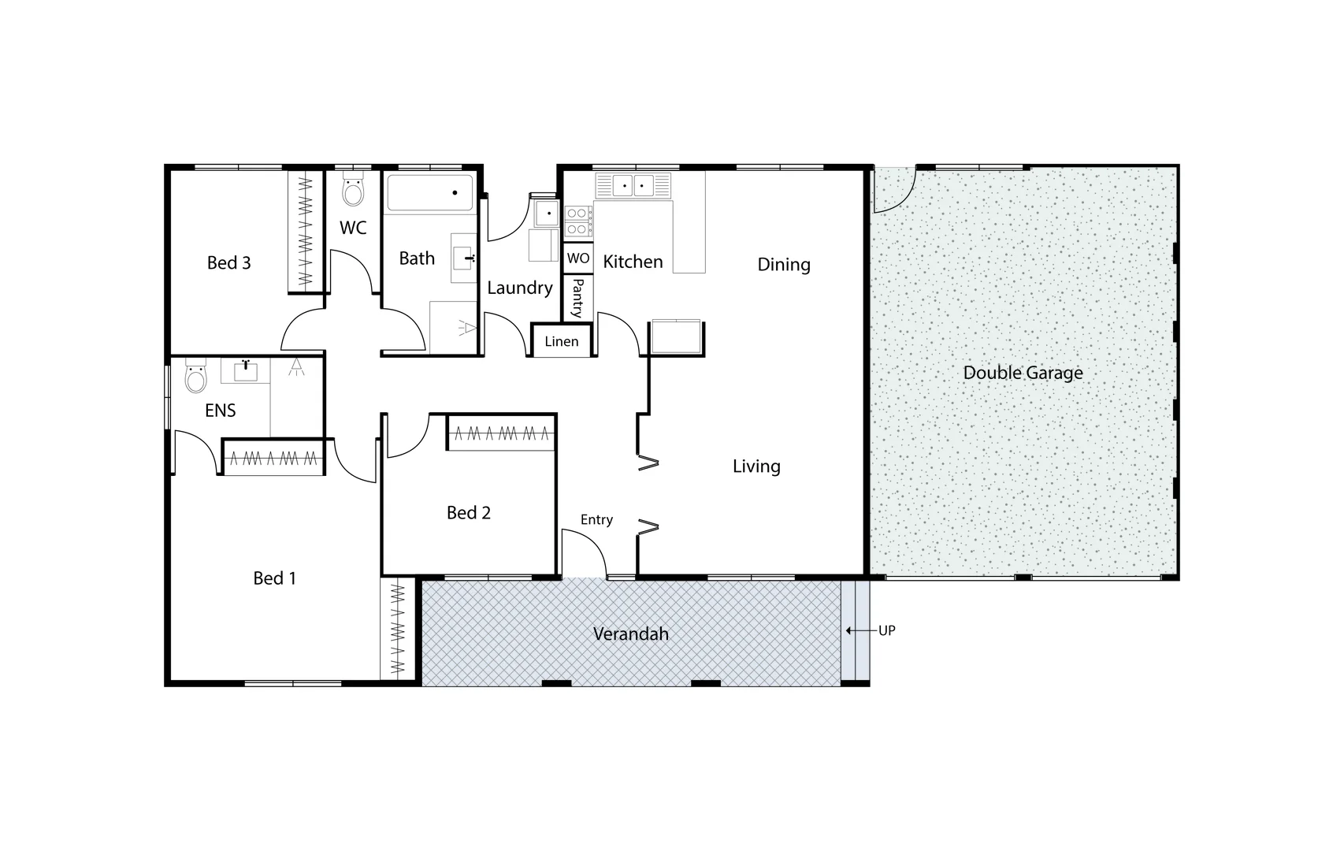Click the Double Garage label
pos(1023,373)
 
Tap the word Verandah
pos(630,634)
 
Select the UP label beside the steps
pos(886,630)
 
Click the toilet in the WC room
pos(354,190)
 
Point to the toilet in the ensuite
pos(195,377)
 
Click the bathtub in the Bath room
pos(430,192)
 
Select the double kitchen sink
pos(633,186)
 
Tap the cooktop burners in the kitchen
pos(578,221)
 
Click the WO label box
pos(578,258)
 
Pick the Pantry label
pos(577,297)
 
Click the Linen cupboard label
pos(561,341)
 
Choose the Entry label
pos(596,519)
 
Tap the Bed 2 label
pos(468,513)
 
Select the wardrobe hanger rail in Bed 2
pos(501,433)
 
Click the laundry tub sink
pos(545,214)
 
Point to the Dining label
pos(783,265)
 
